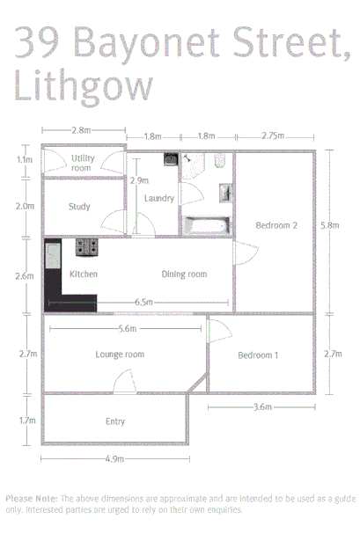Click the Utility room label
tap(83, 163)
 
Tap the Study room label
tap(80, 208)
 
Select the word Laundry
tap(158, 198)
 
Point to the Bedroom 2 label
tap(276, 226)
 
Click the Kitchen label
tap(83, 274)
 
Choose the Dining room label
tap(184, 274)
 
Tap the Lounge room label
tap(120, 355)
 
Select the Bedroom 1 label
tap(258, 355)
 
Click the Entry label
tap(114, 421)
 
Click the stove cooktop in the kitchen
tap(86, 247)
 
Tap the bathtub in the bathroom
tap(206, 225)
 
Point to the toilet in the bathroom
tap(221, 161)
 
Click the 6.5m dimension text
tap(145, 302)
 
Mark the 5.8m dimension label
tap(329, 226)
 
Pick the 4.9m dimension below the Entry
tap(114, 459)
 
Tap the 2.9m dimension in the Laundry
tap(139, 180)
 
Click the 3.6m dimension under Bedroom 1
tap(261, 407)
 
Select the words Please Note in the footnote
tap(31, 498)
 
